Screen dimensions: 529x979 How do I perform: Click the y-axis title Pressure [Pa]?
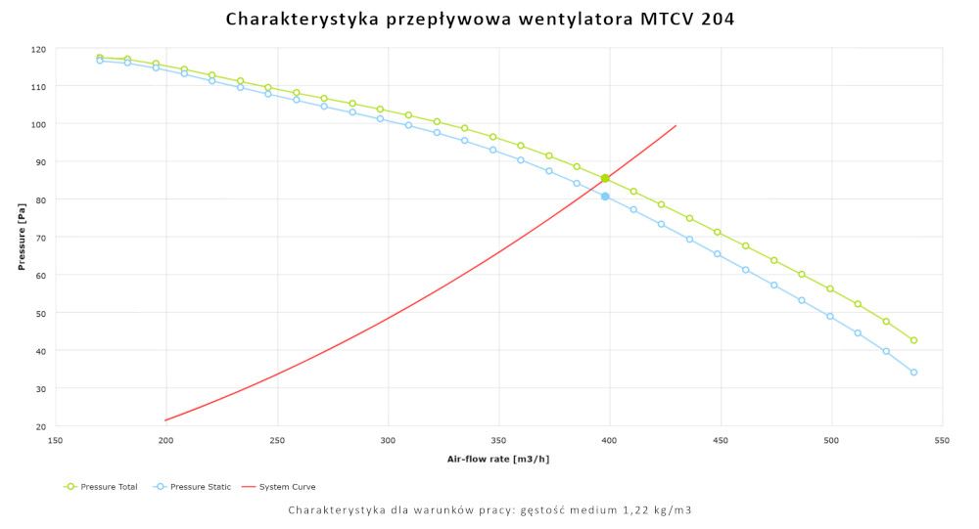click(x=22, y=238)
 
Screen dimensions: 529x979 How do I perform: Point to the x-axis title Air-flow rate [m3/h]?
click(x=498, y=458)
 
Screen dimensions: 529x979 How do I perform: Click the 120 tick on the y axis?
click(x=38, y=49)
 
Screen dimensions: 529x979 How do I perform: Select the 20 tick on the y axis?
click(x=40, y=426)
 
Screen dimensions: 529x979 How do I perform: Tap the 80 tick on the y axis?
click(x=40, y=199)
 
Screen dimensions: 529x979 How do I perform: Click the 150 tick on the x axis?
click(x=56, y=439)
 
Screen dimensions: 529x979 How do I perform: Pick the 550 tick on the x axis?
click(x=942, y=439)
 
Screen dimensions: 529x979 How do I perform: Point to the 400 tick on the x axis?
click(x=610, y=439)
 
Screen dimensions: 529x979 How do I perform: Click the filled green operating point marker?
click(x=605, y=178)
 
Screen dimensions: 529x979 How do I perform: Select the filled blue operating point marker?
click(x=605, y=197)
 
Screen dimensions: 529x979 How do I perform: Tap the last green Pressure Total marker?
click(x=913, y=340)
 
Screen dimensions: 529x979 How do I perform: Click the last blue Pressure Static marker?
click(x=913, y=372)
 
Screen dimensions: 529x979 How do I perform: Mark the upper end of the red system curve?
click(x=676, y=125)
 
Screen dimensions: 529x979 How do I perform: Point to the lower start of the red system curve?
click(x=166, y=420)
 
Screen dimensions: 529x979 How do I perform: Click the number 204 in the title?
click(x=718, y=19)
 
